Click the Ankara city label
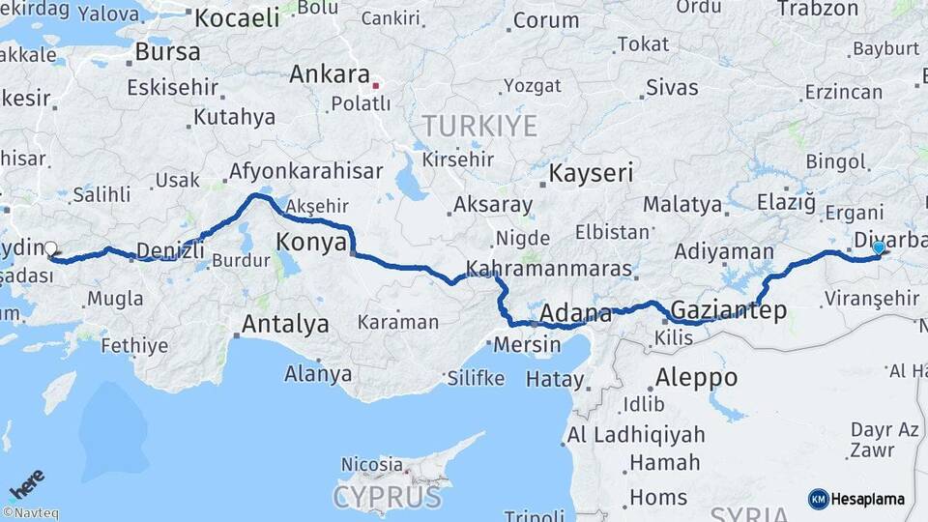[330, 74]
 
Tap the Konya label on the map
[311, 242]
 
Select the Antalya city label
[284, 324]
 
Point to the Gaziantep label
[727, 309]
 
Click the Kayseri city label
[591, 173]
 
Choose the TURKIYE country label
[478, 126]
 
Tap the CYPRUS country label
[388, 497]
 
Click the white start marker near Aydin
[50, 248]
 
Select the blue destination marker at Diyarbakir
[878, 247]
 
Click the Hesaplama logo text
[867, 499]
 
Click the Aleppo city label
[696, 377]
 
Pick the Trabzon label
[818, 9]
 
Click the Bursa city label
[167, 51]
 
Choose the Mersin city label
[527, 344]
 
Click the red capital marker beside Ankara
[376, 85]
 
